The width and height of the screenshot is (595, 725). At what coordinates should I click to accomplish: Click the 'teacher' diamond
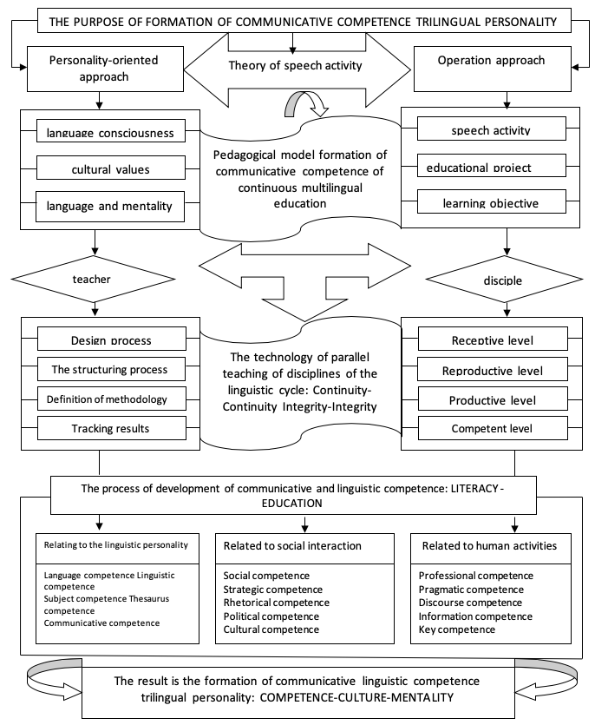coord(94,279)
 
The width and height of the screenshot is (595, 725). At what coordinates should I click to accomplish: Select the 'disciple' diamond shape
coord(504,280)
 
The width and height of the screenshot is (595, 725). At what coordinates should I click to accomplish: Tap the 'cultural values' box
coord(111,168)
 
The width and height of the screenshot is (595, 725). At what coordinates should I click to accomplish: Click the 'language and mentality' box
coord(110,207)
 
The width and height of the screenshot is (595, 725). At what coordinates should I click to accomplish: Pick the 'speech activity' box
coord(492,129)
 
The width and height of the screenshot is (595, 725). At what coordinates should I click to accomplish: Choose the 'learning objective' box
coord(492,201)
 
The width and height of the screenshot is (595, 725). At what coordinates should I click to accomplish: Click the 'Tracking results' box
coord(111,428)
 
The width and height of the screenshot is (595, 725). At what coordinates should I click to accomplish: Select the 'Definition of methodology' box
coord(111,399)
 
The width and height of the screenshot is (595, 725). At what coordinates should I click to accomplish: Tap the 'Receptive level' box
coord(493,339)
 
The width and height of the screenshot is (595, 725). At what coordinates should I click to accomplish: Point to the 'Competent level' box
coord(493,428)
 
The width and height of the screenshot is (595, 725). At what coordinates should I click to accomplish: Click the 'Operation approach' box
coord(493,69)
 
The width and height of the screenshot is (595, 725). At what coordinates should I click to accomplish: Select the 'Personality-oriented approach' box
coord(105,69)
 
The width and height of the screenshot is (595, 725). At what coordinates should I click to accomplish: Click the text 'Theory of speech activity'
coord(295,66)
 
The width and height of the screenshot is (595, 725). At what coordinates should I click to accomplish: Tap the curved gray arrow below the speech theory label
coord(306,103)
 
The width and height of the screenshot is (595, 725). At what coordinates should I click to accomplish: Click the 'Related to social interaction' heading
coord(292,545)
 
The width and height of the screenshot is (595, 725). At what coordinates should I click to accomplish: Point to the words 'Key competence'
coord(457,629)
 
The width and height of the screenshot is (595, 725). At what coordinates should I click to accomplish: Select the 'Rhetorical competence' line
coord(276,603)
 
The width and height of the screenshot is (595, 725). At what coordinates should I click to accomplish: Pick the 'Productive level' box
coord(493,399)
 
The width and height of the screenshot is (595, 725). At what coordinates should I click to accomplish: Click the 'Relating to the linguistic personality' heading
coord(116,544)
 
